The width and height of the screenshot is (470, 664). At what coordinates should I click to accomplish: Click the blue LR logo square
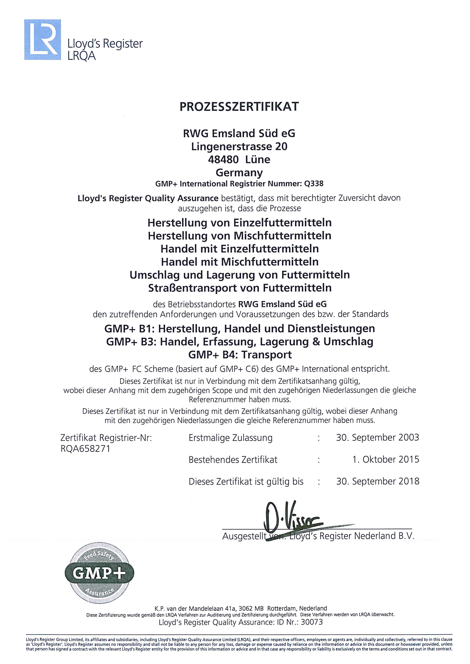coord(42,40)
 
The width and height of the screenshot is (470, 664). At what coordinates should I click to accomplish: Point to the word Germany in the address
coord(239,173)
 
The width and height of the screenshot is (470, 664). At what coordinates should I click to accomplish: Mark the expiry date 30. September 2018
coord(377,481)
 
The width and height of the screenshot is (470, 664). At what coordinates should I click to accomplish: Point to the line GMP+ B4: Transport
coord(240,355)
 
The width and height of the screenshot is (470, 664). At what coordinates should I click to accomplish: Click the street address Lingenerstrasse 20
coord(239,147)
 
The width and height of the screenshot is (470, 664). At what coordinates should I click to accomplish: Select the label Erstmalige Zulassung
coord(230,438)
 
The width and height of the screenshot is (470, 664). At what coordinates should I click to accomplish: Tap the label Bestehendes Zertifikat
coord(233,460)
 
